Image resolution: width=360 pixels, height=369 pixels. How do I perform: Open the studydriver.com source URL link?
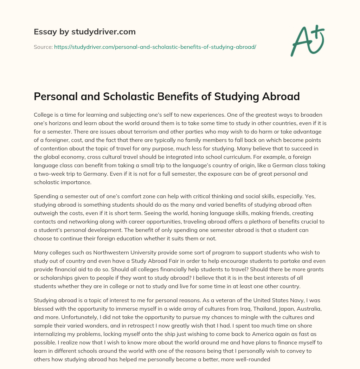tap(155, 47)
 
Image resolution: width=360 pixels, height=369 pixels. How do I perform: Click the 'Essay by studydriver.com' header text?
tap(84, 32)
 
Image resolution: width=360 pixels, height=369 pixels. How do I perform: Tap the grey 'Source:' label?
tap(43, 47)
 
